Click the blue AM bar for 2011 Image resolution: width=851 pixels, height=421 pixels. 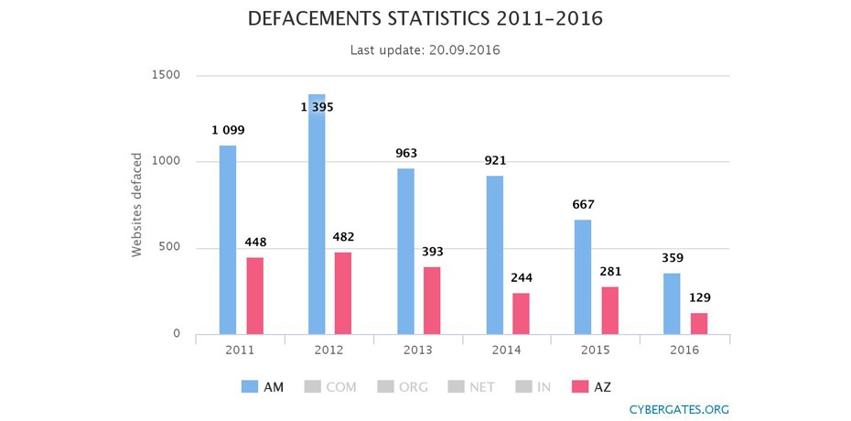tap(228, 240)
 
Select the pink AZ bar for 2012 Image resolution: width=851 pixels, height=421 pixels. tap(343, 293)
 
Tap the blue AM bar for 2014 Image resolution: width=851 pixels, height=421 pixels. tap(494, 254)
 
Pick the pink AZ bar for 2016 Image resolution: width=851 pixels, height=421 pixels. tap(699, 323)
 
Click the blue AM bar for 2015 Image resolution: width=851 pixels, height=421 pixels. tap(583, 276)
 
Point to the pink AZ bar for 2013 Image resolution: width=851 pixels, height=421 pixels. tap(432, 300)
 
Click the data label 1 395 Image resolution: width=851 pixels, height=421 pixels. tap(318, 107)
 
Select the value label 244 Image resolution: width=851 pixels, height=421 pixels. tap(522, 278)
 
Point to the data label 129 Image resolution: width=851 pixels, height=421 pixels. tap(700, 297)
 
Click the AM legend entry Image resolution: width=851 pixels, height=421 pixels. tap(263, 387)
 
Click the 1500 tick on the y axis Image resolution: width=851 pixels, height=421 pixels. tap(166, 75)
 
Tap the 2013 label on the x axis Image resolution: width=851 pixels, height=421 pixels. tap(418, 351)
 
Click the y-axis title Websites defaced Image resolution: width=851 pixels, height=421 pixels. tap(137, 205)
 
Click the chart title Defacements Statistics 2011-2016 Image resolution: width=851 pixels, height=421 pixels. tap(425, 19)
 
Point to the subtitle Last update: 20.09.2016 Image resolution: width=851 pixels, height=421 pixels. tap(425, 49)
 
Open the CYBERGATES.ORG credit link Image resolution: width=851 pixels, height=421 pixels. tap(679, 409)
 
